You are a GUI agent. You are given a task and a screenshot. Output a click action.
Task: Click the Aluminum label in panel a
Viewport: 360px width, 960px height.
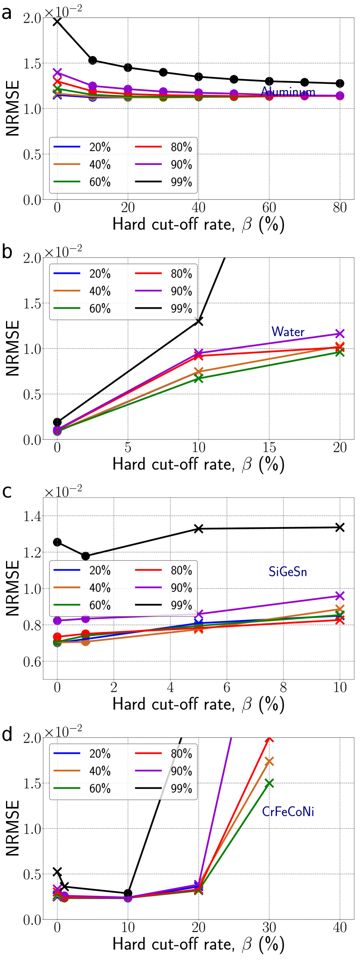tap(288, 92)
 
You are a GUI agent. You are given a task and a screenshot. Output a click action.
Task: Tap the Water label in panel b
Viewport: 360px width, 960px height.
tap(288, 332)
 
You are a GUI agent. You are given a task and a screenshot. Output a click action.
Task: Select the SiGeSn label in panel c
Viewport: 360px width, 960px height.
tap(288, 572)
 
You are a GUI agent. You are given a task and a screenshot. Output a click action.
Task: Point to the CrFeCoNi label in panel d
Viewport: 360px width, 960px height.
tap(288, 811)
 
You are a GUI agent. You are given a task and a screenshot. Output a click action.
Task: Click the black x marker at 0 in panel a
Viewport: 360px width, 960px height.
tap(57, 22)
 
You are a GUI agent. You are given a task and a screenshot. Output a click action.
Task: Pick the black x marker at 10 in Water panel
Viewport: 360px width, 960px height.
tap(199, 321)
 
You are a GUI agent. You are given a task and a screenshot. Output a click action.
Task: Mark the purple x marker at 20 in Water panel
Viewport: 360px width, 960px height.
tap(340, 334)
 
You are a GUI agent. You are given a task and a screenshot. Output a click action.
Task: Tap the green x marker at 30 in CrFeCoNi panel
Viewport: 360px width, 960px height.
tap(269, 783)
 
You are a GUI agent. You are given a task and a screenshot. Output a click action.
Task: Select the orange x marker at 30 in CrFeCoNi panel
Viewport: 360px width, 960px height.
tap(269, 761)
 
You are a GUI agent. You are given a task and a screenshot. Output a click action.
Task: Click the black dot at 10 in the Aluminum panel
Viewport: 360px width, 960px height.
tap(93, 60)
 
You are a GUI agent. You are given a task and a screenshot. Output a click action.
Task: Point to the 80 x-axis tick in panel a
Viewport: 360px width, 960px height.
tap(340, 207)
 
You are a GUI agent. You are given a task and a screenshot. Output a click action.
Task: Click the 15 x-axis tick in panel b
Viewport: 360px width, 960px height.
tap(269, 447)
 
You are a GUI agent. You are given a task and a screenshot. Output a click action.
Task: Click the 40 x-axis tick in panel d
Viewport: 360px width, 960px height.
tap(340, 927)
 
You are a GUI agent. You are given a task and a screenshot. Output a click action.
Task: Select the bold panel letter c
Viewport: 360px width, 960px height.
tap(7, 492)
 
